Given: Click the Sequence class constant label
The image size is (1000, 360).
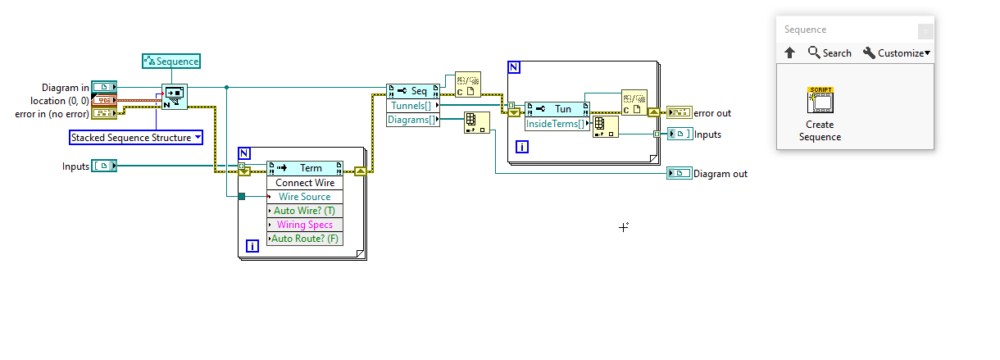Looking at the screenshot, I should coord(171,61).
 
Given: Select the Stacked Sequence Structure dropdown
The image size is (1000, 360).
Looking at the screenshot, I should coord(135,138).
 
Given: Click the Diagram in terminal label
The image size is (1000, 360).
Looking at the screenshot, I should coord(66,87).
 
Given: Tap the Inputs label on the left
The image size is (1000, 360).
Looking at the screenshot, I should coord(75,166).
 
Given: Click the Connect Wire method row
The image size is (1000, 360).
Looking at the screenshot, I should coord(305,183).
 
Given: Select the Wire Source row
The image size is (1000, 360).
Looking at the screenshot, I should coord(305,197).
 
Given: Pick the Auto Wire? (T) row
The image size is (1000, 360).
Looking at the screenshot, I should coord(305,211).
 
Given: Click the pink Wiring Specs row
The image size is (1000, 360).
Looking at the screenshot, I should coord(305,225).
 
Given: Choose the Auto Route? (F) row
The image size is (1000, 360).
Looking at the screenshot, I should coord(305,239).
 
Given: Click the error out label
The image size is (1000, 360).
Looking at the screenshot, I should coord(712,113).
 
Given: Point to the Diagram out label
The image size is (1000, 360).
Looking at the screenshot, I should coord(720,174).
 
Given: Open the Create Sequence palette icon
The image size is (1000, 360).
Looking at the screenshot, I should coord(820,102).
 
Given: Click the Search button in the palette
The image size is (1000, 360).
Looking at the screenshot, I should coord(830,52).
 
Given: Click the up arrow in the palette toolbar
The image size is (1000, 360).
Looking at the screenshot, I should coord(790,52).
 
